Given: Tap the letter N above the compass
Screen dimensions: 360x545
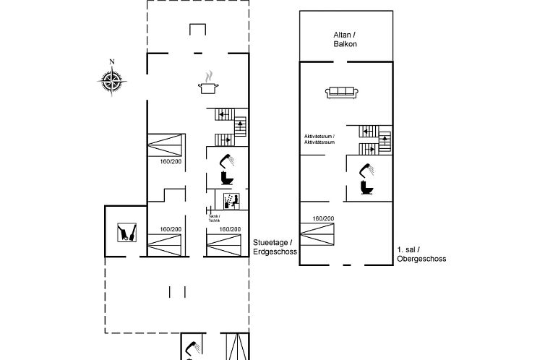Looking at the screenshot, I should tap(111, 62).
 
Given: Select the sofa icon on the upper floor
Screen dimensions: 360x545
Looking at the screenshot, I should tap(341, 91).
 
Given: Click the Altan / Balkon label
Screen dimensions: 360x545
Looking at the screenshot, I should tap(346, 39).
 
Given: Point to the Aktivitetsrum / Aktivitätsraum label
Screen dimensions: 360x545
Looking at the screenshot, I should tap(319, 139).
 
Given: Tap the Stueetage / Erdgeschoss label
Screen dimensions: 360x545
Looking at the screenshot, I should tap(272, 247).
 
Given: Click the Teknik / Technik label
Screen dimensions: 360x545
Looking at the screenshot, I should tap(213, 218).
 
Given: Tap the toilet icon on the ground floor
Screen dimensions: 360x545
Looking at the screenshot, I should tap(227, 177).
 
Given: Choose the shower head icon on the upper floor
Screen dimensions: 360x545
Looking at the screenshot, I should tap(368, 169).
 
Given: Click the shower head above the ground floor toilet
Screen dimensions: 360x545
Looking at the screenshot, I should tap(228, 157).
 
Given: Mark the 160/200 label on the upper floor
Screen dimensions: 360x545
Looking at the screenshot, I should tap(323, 218).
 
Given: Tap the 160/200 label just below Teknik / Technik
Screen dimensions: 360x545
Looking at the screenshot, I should tap(229, 229).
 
